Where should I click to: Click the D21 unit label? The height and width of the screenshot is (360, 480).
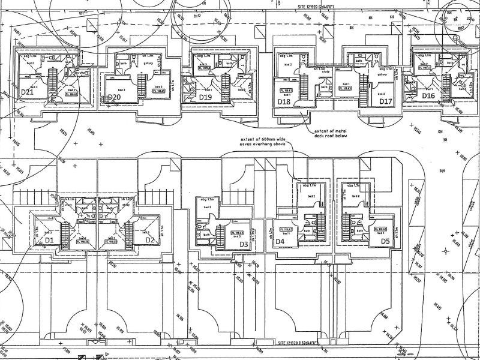[x=26, y=92]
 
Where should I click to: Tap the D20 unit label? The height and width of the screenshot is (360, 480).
[x=116, y=97]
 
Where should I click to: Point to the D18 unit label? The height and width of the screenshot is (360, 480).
[x=284, y=101]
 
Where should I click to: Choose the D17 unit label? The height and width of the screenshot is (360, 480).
[x=385, y=101]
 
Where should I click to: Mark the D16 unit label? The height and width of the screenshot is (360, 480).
[x=428, y=95]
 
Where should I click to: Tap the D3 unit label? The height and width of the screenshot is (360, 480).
[x=243, y=244]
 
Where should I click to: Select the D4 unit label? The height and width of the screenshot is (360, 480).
[x=279, y=242]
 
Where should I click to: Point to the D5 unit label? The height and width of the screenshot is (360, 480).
[x=385, y=242]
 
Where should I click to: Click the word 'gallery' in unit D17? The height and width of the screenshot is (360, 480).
[x=382, y=75]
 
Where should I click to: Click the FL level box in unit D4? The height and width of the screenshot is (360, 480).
[x=287, y=229]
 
